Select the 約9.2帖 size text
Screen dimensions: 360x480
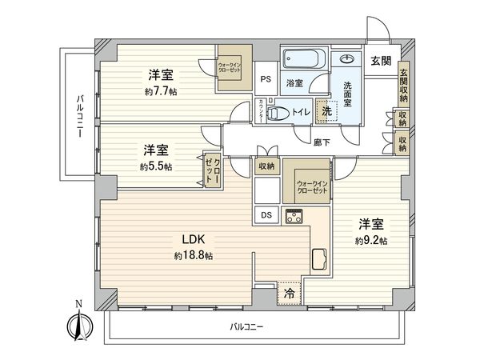(x=372, y=240)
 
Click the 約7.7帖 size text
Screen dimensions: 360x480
(x=162, y=92)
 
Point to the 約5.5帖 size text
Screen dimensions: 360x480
(x=156, y=166)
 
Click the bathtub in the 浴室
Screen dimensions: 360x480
(x=303, y=61)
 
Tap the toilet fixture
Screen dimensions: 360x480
(x=278, y=114)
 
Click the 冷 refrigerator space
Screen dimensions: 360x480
(x=290, y=294)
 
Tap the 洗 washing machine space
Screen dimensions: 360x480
(x=326, y=111)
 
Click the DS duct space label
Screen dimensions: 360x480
(x=266, y=214)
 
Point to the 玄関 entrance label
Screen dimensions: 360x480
(x=381, y=59)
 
